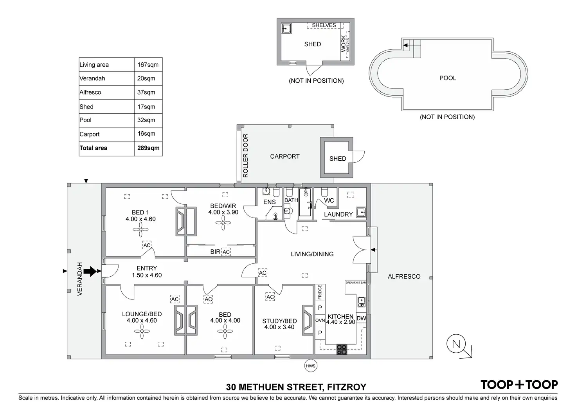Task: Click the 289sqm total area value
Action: tap(148, 148)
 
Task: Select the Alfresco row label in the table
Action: tap(90, 92)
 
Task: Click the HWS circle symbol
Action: tap(310, 366)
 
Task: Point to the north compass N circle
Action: tap(456, 345)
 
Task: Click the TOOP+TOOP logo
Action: tap(519, 384)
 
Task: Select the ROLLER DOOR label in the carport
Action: tap(246, 156)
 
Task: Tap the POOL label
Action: tap(448, 78)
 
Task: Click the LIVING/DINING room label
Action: tap(312, 254)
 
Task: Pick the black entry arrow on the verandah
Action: tap(90, 271)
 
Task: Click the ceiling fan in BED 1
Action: tap(140, 230)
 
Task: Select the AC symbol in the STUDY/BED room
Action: tap(270, 297)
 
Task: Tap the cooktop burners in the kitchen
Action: tap(342, 349)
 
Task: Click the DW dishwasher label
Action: tap(361, 318)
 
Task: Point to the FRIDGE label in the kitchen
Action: tap(320, 292)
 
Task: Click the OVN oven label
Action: tap(320, 320)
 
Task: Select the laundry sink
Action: tap(361, 212)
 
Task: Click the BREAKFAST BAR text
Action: tap(355, 283)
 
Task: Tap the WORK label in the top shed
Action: tap(343, 44)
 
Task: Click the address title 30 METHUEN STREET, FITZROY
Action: tap(296, 387)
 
